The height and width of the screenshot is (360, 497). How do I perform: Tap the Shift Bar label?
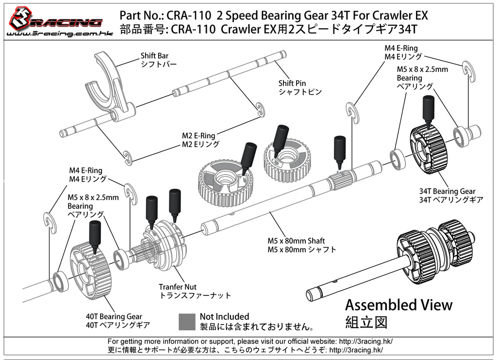click(x=154, y=56)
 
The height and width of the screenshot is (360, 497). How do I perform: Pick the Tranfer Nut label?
click(x=178, y=287)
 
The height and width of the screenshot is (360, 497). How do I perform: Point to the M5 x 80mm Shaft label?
click(x=296, y=241)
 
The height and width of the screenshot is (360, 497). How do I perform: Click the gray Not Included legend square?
click(x=187, y=321)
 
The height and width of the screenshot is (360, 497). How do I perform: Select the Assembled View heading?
click(x=398, y=305)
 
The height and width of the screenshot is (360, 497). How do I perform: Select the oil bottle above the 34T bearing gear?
click(x=428, y=111)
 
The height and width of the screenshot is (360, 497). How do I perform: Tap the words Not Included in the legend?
click(x=224, y=317)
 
